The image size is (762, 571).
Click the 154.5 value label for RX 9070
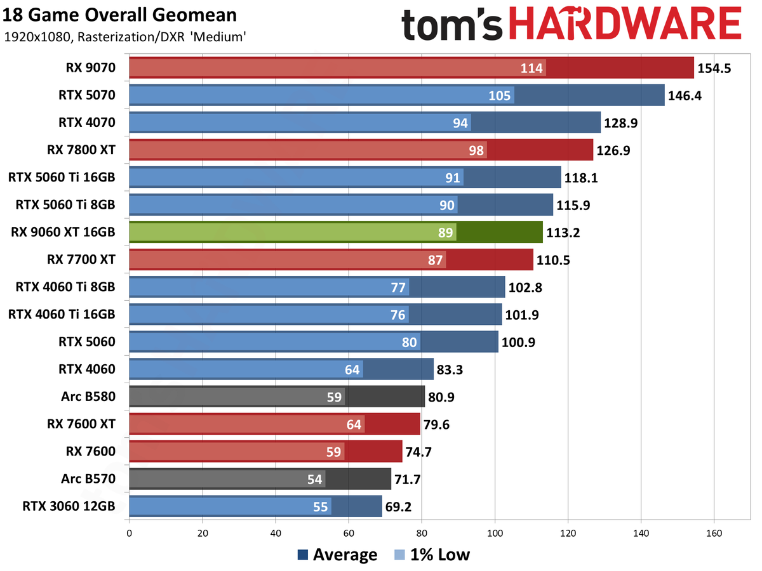pos(714,68)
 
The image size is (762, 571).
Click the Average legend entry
pos(337,555)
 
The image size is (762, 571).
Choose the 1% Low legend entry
pos(431,555)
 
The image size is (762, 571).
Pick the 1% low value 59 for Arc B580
pos(335,397)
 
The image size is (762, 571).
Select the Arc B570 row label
pos(90,479)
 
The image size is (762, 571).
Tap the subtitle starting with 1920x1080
pos(125,37)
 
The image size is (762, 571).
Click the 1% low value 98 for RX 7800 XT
pos(476,150)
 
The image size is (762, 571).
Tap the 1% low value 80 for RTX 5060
pos(410,343)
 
